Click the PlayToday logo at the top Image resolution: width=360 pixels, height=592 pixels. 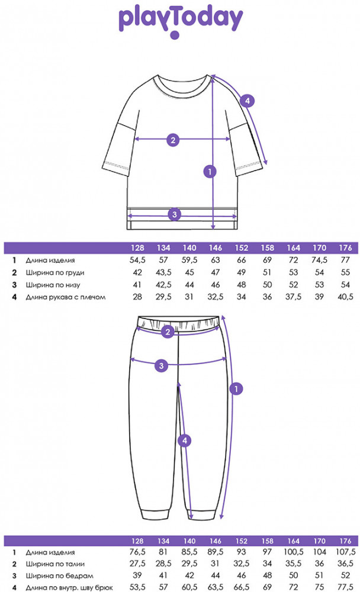pos(181,21)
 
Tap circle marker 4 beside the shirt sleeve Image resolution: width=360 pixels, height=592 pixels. pos(247,101)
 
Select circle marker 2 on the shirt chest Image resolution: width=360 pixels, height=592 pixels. pos(173,140)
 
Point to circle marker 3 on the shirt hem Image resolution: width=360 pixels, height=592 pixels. pos(173,214)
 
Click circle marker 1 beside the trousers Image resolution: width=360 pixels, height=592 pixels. pos(236,389)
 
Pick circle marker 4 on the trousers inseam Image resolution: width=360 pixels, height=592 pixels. pos(185,440)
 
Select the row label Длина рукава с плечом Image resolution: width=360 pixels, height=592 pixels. pos(65,297)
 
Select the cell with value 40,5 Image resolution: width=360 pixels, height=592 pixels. pos(345,297)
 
